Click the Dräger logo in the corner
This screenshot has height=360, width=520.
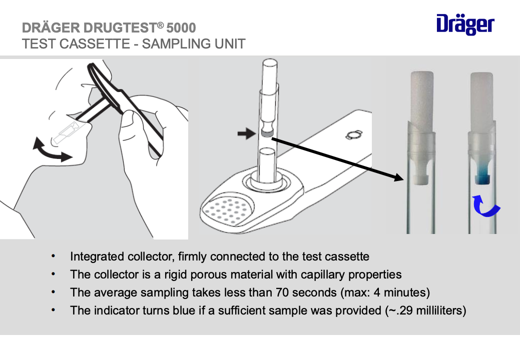click(465, 24)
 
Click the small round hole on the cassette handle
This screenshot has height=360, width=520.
click(352, 135)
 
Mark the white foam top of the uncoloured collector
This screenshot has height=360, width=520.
click(422, 97)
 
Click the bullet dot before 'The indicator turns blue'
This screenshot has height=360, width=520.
click(53, 310)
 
